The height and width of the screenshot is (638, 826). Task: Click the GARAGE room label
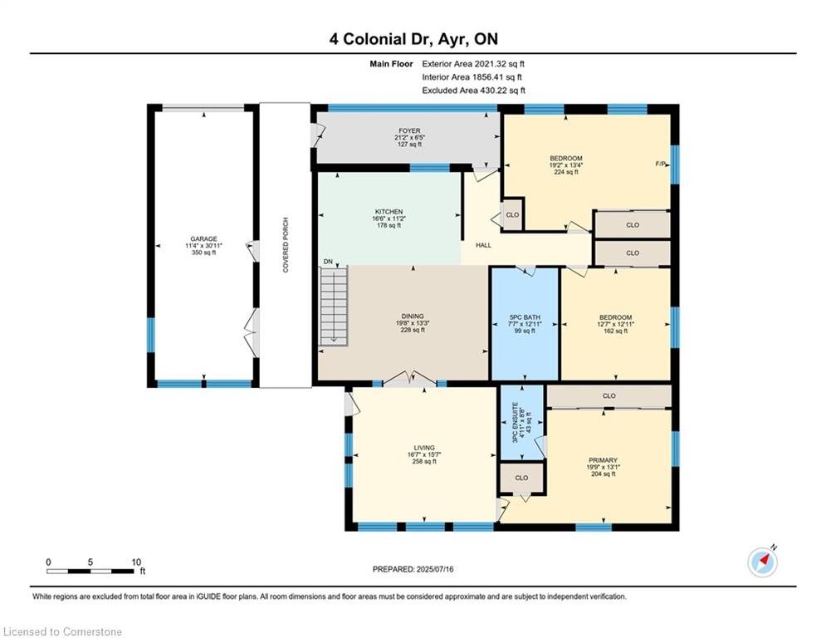click(203, 239)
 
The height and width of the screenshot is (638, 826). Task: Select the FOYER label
click(408, 131)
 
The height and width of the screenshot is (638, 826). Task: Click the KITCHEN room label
click(389, 212)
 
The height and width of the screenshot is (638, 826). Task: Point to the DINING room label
click(413, 317)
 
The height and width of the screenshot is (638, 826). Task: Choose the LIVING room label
click(424, 448)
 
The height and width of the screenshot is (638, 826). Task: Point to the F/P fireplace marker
click(661, 164)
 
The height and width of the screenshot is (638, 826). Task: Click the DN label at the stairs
click(329, 263)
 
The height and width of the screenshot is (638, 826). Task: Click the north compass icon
click(762, 562)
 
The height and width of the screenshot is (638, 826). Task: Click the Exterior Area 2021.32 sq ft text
click(473, 63)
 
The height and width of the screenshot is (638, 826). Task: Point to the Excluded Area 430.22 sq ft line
click(473, 91)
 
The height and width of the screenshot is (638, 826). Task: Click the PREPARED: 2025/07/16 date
click(413, 569)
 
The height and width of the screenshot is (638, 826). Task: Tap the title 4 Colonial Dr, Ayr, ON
click(413, 39)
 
